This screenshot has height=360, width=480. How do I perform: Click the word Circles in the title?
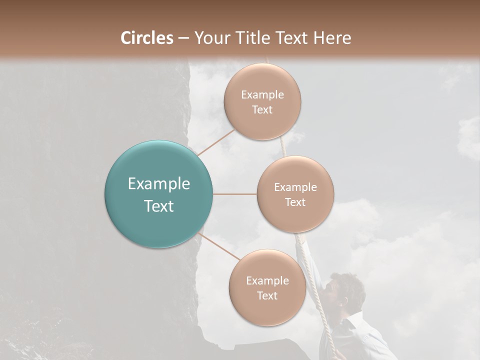tap(147, 37)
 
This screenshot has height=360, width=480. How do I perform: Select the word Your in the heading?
tap(212, 37)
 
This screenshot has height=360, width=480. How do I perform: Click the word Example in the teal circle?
tap(159, 183)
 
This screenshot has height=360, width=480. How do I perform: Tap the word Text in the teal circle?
tap(159, 206)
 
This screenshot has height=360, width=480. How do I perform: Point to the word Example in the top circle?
tap(262, 94)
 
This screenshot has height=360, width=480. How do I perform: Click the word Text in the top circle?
tap(262, 109)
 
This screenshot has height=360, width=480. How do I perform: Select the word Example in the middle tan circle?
tap(295, 187)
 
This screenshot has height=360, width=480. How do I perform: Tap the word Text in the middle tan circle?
tap(295, 202)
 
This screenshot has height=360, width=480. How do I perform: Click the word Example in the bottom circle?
tap(267, 280)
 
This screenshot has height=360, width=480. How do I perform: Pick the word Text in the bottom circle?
tap(267, 295)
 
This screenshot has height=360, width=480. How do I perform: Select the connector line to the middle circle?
tap(234, 194)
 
